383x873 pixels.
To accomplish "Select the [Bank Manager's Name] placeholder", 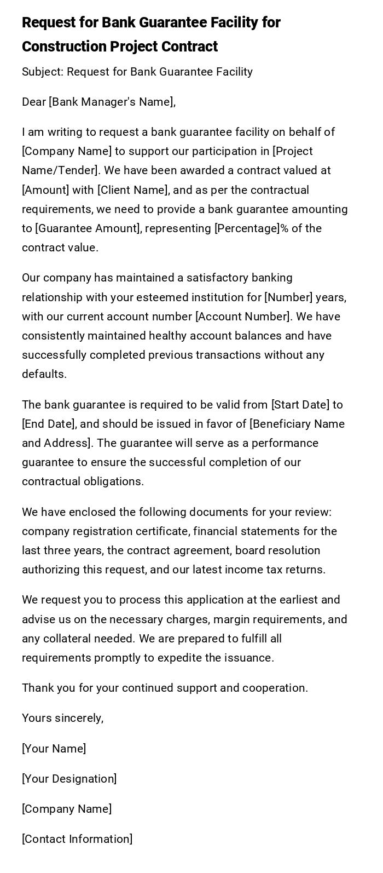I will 111,102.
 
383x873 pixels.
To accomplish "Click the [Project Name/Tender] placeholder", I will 167,161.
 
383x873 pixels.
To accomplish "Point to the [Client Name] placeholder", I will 132,190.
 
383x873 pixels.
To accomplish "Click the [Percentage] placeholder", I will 247,228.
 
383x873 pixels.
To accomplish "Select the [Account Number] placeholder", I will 243,317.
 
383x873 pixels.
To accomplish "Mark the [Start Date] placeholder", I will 300,405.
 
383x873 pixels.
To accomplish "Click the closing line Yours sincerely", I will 62,718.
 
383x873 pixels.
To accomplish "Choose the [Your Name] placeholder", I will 54,749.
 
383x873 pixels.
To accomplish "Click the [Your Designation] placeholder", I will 69,779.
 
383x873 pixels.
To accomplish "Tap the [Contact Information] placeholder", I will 77,839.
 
